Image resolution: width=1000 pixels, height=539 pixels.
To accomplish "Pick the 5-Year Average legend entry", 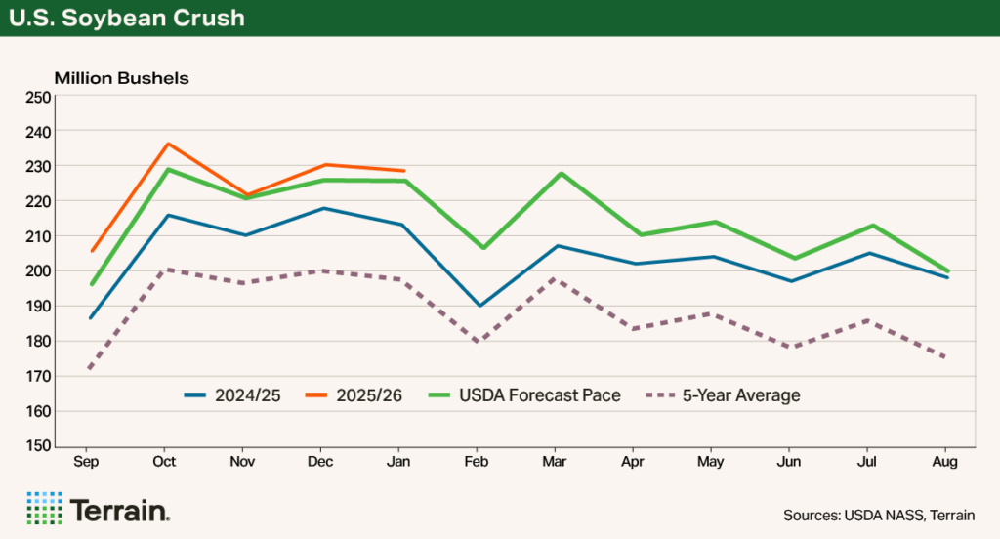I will [x=723, y=395].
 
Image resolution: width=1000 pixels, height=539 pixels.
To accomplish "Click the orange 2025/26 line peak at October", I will [x=169, y=144].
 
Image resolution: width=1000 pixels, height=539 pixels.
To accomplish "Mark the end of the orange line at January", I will [x=403, y=171].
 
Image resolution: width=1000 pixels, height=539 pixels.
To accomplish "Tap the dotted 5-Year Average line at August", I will [x=945, y=357].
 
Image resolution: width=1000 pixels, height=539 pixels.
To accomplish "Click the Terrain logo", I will [x=98, y=509].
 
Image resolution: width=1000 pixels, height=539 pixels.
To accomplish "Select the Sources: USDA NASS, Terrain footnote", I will [x=878, y=515].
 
